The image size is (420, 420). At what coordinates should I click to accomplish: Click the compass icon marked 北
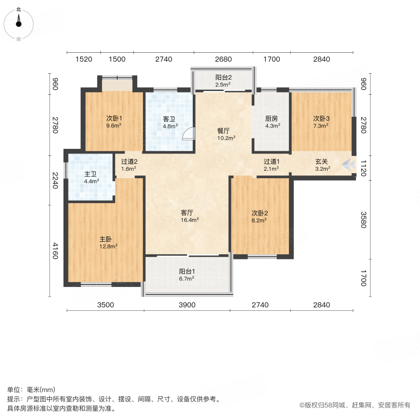point(19,22)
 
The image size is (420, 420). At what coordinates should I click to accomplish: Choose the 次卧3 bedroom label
point(321,119)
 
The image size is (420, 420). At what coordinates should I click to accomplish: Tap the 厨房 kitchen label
point(272,119)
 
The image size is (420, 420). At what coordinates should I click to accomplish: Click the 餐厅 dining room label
point(223,131)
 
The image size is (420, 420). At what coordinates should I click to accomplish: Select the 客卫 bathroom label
point(169,119)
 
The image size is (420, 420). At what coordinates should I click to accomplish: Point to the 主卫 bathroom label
point(91,174)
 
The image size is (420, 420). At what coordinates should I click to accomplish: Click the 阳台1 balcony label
point(187,271)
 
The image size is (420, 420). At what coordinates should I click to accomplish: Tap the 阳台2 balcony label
point(223,77)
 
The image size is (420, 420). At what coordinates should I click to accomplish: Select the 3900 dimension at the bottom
point(187,305)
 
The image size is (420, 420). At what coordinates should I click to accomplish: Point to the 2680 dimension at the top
point(223,59)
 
